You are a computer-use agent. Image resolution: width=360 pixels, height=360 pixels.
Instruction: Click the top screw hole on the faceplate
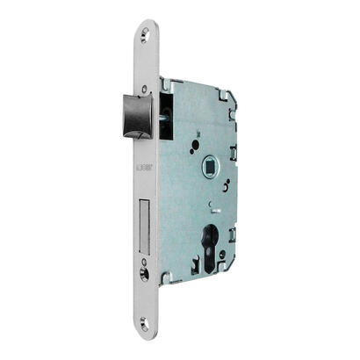[145, 37]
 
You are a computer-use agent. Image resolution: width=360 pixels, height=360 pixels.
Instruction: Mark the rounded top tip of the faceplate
[145, 25]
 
